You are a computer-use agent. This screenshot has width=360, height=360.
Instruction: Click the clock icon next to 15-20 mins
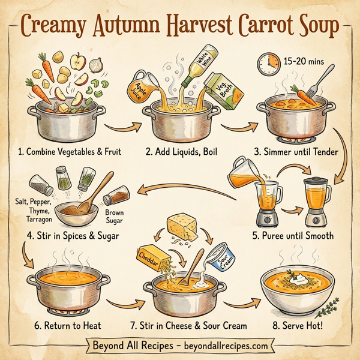[x=268, y=62]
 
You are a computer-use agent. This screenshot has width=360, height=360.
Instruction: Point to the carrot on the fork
[x=304, y=94]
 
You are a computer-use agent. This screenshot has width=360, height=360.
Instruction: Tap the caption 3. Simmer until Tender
[x=295, y=152]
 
